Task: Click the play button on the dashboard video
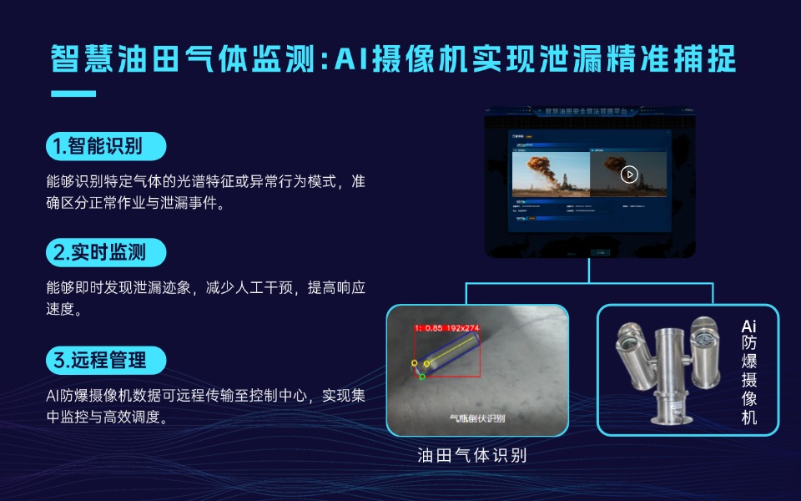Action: click(629, 175)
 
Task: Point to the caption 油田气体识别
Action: click(472, 455)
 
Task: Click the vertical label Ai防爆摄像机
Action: click(748, 372)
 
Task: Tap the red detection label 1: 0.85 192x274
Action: click(447, 328)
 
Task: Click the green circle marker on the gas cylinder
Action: click(422, 377)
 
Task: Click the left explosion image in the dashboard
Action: click(550, 175)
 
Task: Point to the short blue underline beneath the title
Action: click(73, 92)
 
